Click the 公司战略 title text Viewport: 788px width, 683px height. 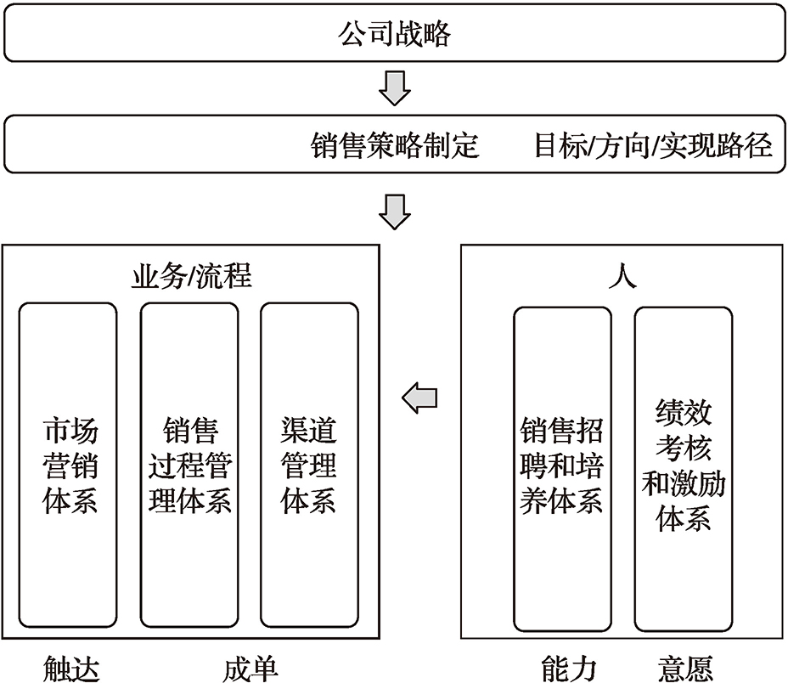click(x=395, y=34)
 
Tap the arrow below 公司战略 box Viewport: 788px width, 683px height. click(x=395, y=88)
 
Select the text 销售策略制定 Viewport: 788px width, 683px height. click(x=395, y=145)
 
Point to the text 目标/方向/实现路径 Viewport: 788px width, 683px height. click(x=653, y=145)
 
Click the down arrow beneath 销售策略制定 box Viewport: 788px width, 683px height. click(x=395, y=212)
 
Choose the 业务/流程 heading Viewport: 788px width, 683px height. click(x=191, y=275)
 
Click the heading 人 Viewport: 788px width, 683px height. click(x=622, y=275)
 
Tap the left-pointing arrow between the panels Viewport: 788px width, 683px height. click(x=419, y=398)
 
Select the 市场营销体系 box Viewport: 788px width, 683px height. click(x=68, y=466)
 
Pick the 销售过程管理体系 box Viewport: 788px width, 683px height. click(x=189, y=466)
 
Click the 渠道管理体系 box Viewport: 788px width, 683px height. click(x=310, y=466)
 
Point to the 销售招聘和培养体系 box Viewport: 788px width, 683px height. click(x=562, y=469)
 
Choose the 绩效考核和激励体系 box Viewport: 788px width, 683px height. click(x=684, y=469)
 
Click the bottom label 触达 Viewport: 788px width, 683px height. click(x=71, y=669)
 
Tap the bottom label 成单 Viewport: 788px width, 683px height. click(x=250, y=669)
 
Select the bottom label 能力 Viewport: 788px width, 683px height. click(x=569, y=669)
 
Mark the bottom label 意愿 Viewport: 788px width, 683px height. click(x=685, y=669)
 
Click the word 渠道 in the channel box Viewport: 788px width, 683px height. click(x=308, y=431)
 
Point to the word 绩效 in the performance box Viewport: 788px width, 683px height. click(x=684, y=412)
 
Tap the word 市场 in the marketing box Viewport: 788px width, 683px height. click(x=70, y=431)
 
